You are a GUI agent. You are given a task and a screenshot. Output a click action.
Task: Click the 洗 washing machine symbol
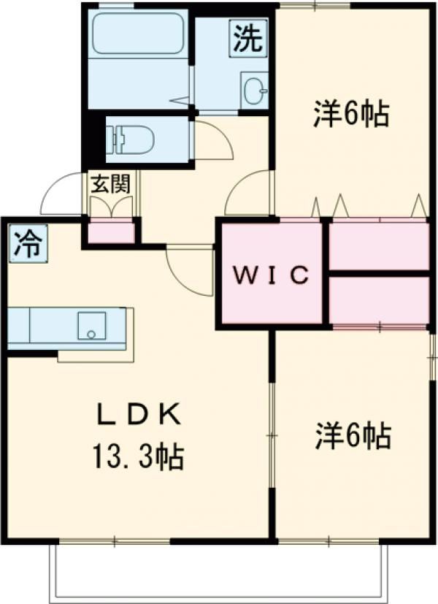247,38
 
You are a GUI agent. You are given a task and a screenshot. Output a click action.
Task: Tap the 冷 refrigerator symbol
26,244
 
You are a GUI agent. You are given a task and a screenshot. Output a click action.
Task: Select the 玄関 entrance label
109,183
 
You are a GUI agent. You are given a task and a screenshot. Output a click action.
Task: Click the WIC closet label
271,275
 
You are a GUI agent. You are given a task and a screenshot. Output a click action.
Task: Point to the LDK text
137,416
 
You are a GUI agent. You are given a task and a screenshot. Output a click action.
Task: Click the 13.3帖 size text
137,458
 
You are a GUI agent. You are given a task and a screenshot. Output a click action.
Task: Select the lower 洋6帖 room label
353,436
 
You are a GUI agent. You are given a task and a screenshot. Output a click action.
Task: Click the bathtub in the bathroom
137,34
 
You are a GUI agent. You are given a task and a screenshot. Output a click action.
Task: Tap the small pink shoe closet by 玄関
112,232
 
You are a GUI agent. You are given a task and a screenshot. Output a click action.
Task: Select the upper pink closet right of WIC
378,245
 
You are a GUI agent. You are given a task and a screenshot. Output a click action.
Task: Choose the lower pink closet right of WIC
378,299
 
